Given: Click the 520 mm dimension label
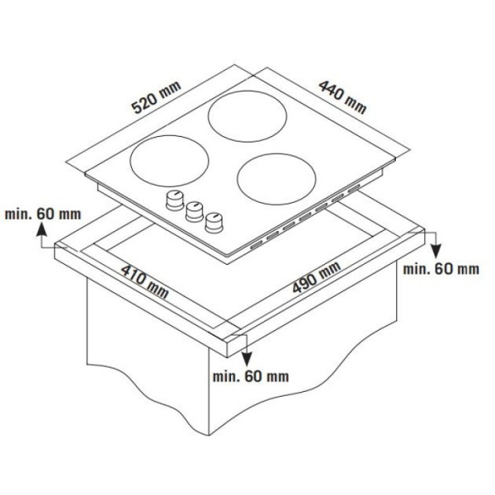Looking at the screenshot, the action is tap(157, 97).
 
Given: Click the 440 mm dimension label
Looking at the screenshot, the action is tap(343, 97).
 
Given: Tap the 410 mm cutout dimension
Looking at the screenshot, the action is tap(145, 281).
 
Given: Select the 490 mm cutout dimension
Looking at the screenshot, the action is tap(316, 277).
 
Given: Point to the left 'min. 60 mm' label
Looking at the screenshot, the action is tap(43, 214).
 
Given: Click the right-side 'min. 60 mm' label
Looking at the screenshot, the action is tap(441, 269).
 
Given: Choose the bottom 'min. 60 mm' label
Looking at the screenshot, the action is tap(251, 377).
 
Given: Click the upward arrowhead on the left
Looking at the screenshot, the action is tap(42, 229).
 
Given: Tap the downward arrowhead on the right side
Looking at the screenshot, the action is tap(436, 252).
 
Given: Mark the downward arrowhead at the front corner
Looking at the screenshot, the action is tap(247, 359).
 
